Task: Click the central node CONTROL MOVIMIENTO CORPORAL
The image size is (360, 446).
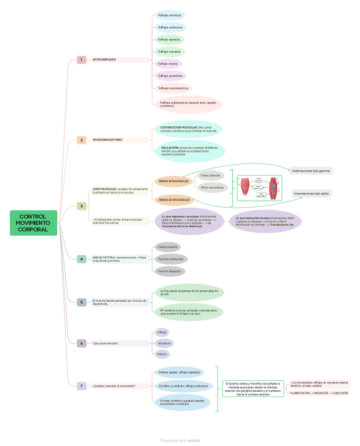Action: pyautogui.click(x=33, y=223)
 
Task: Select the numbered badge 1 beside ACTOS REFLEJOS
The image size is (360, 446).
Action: pyautogui.click(x=81, y=60)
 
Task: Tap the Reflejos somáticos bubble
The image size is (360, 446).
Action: pyautogui.click(x=169, y=15)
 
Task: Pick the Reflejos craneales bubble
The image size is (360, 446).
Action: pyautogui.click(x=169, y=52)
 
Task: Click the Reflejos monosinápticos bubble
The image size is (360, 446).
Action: pyautogui.click(x=173, y=88)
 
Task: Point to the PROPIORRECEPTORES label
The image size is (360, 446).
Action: pyautogui.click(x=108, y=140)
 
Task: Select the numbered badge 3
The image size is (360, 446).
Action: pyautogui.click(x=81, y=206)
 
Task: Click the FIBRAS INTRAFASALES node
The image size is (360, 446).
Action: pyautogui.click(x=174, y=181)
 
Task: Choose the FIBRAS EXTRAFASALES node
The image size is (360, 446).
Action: pyautogui.click(x=174, y=200)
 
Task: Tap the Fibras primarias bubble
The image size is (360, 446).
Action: pyautogui.click(x=211, y=175)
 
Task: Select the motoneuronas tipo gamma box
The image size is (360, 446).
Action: pyautogui.click(x=311, y=171)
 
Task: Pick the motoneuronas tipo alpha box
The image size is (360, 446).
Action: pyautogui.click(x=312, y=194)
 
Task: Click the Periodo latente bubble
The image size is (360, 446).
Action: pyautogui.click(x=168, y=247)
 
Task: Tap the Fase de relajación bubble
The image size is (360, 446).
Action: pyautogui.click(x=169, y=271)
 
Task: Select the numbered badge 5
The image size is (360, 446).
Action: pyautogui.click(x=81, y=302)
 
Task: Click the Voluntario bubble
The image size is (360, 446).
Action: pyautogui.click(x=164, y=343)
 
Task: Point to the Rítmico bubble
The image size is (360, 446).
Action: pyautogui.click(x=162, y=354)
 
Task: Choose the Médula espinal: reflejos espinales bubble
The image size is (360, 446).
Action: pyautogui.click(x=179, y=372)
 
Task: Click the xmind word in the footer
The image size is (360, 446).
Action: pyautogui.click(x=194, y=441)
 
